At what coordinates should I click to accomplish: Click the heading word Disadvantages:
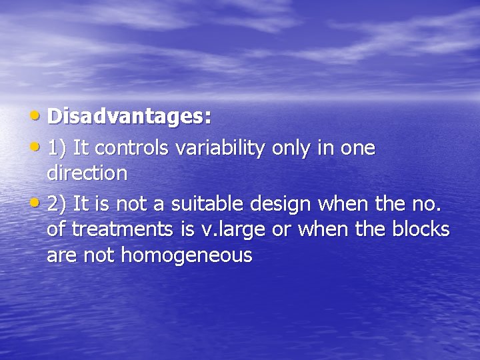tap(129, 117)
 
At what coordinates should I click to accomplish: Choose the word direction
tap(87, 174)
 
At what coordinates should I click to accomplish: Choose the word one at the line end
tap(358, 148)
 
